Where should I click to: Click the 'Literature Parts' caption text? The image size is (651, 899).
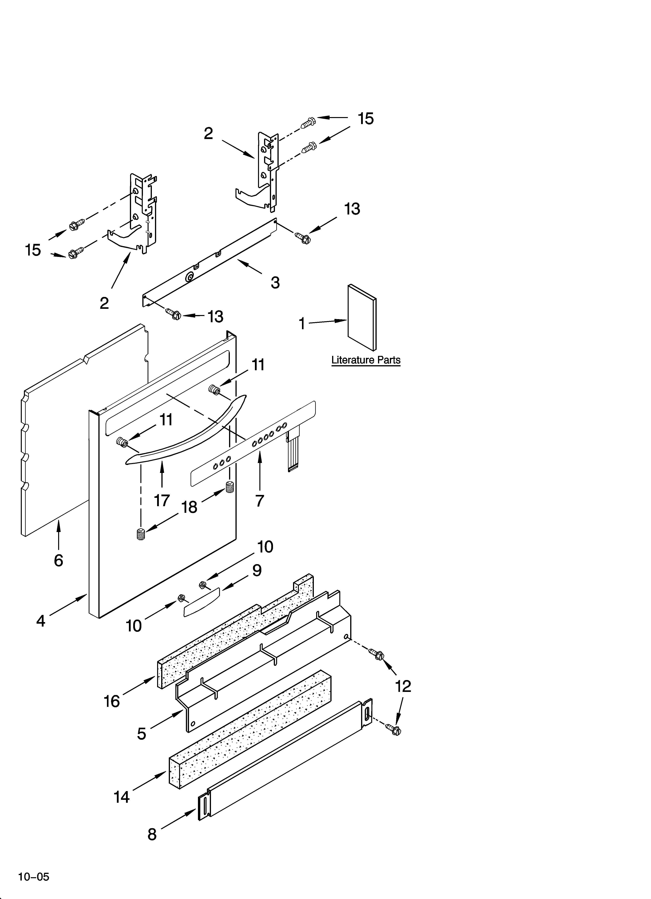tap(366, 360)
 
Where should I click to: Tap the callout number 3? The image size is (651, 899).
tap(275, 283)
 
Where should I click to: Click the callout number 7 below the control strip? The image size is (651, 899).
tap(260, 501)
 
